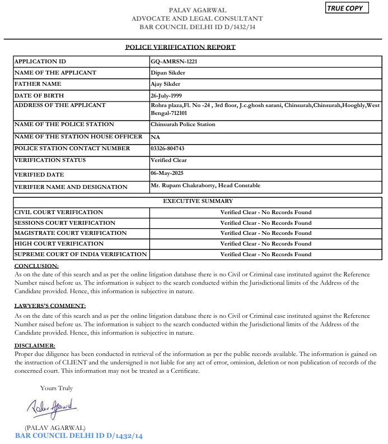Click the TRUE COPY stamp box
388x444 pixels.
(x=347, y=8)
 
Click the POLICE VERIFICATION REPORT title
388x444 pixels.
(x=180, y=47)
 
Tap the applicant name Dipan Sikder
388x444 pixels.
(x=168, y=72)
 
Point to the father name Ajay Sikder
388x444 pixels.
(x=166, y=84)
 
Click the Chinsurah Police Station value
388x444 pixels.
(x=183, y=124)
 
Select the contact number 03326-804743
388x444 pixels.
(x=167, y=149)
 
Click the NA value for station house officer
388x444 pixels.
(x=155, y=136)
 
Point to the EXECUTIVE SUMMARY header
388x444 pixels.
(x=198, y=201)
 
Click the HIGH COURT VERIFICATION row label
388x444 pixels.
(x=59, y=244)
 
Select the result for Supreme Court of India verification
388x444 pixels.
(x=266, y=255)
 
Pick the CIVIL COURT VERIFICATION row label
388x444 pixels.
(x=59, y=212)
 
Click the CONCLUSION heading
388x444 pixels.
(x=36, y=266)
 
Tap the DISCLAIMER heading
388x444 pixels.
(x=35, y=345)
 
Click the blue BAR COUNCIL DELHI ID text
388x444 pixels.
(x=79, y=436)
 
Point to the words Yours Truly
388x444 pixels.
(x=57, y=388)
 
